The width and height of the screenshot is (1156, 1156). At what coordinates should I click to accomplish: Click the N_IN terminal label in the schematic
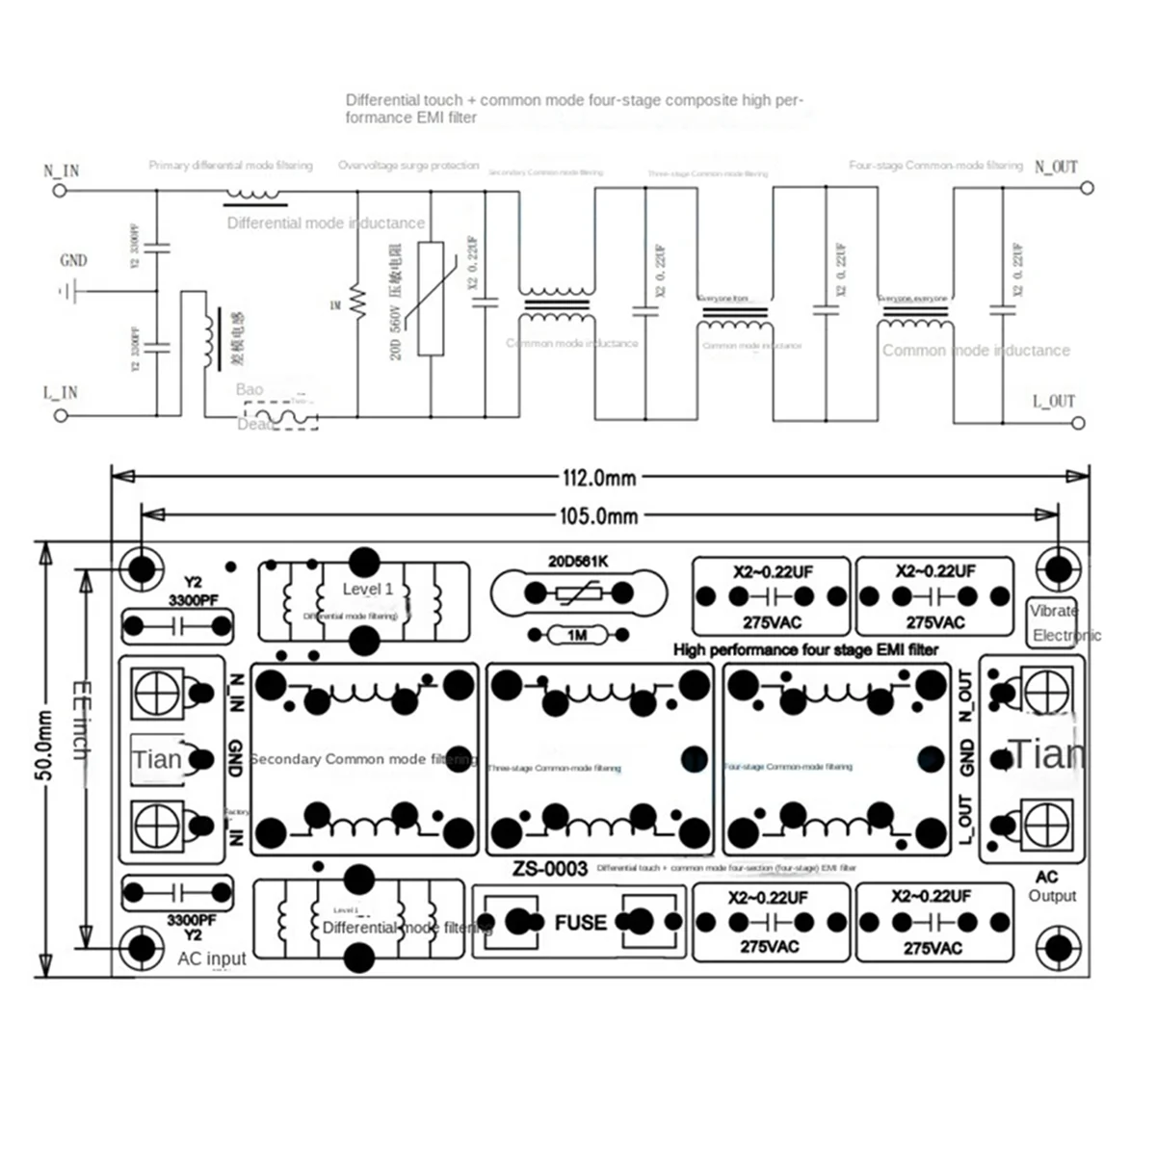pos(62,171)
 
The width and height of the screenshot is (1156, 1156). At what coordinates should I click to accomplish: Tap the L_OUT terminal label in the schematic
pos(1053,401)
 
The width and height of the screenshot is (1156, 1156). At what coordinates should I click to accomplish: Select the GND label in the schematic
pos(73,260)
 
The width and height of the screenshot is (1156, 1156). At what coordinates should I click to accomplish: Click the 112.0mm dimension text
pos(598,476)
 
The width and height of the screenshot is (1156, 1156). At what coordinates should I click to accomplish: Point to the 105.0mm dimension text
pos(598,516)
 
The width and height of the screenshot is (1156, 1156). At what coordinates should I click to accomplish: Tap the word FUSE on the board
pos(580,923)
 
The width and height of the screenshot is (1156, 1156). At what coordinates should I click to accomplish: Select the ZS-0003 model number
pos(549,868)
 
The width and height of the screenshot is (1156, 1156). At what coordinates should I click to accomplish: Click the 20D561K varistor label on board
pos(578,562)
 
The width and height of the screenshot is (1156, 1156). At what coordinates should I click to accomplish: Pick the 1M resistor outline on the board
pos(577,635)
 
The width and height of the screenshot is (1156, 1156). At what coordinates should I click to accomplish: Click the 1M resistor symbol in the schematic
pos(356,303)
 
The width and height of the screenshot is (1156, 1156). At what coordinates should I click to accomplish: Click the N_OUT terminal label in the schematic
pos(1056,167)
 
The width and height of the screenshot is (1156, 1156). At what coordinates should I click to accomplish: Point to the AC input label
pos(212,959)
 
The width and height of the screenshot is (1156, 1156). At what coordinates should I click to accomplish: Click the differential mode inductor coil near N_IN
pos(255,196)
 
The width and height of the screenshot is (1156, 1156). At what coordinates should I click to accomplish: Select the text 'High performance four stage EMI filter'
pos(805,649)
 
